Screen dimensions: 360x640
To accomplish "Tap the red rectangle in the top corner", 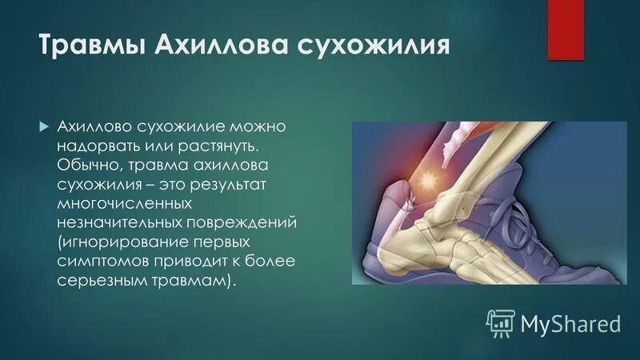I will point(566,29).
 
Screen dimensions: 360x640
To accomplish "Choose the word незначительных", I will point(116,222).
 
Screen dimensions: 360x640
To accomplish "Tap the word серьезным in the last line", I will point(99,279).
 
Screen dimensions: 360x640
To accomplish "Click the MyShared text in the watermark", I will point(570,323).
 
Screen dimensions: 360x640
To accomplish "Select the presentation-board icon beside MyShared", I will point(501,322).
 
